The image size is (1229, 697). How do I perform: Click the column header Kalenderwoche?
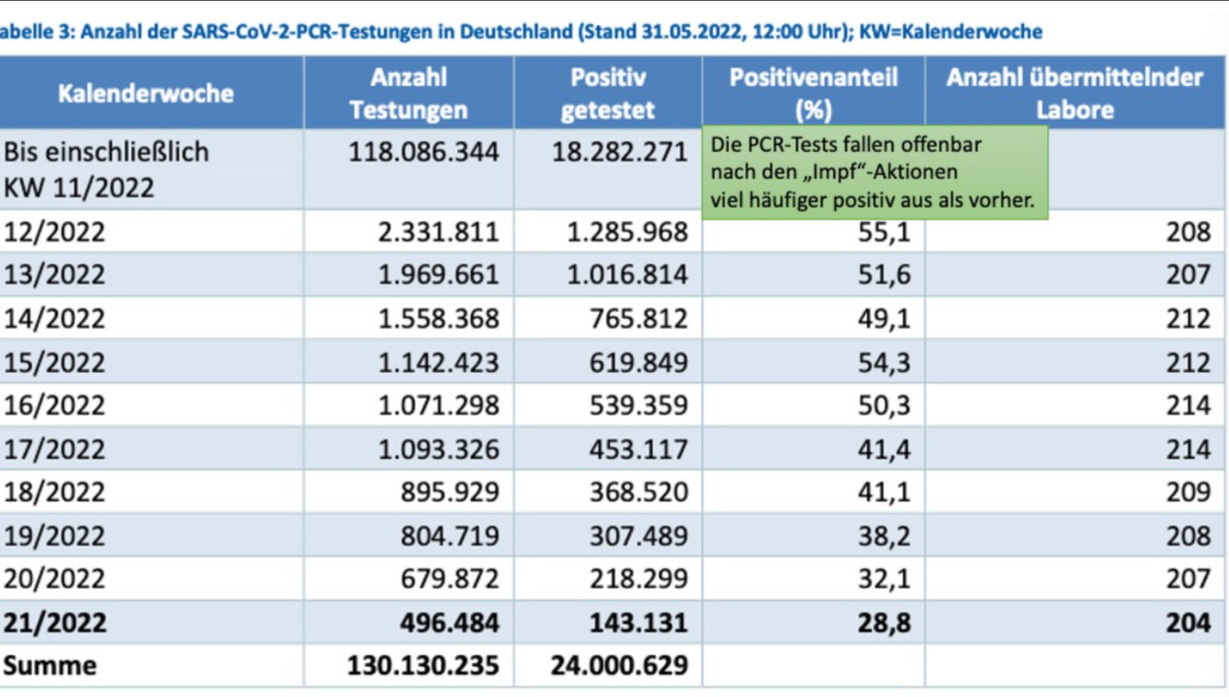145,94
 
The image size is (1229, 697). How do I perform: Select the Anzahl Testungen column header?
408,94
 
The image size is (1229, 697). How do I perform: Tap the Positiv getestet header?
608,94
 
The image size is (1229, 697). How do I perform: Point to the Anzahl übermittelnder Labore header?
1074,94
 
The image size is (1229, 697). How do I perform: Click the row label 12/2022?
54,232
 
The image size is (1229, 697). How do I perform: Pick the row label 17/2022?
54,449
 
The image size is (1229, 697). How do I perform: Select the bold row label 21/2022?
54,622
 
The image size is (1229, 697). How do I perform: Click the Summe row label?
50,665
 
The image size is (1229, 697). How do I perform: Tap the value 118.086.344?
424,153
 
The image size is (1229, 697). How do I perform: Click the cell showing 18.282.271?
619,153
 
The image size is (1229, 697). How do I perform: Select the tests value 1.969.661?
438,275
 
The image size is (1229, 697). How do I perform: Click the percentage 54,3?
884,362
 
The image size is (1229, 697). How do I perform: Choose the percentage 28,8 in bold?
884,622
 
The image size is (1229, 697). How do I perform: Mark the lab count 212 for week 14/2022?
1187,318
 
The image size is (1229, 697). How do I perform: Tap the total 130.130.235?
424,665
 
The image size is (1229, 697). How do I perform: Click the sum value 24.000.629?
619,665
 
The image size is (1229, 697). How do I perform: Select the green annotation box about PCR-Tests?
874,172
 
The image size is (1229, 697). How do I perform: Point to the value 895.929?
450,492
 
